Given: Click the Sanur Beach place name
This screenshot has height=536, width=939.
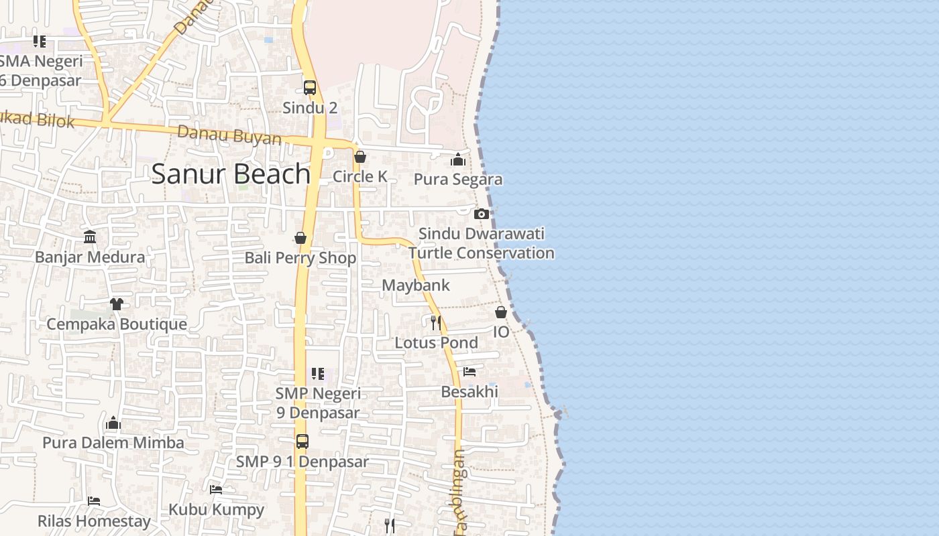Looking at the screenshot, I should [x=231, y=174].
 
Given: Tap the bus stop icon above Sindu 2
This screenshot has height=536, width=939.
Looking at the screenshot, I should [x=309, y=87].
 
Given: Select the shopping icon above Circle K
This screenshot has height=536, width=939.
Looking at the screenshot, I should [x=360, y=157].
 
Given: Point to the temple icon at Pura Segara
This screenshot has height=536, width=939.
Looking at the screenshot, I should [x=458, y=159].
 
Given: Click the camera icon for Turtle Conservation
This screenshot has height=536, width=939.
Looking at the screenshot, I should [x=481, y=214].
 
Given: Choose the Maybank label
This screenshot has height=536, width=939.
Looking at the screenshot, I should [x=416, y=285].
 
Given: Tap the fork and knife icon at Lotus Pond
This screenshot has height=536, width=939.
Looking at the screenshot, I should [x=436, y=323].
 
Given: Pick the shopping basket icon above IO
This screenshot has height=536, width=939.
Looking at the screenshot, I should [x=501, y=312].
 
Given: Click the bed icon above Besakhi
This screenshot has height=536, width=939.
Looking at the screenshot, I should [x=469, y=371].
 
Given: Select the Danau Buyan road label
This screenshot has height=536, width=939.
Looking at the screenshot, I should [x=229, y=135].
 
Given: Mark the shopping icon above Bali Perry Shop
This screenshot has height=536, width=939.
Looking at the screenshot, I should [x=300, y=238].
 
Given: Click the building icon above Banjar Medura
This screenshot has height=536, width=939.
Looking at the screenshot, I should [x=90, y=237].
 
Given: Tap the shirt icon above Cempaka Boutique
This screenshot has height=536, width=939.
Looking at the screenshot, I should [x=117, y=304].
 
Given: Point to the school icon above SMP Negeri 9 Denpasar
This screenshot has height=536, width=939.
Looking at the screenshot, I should [x=318, y=373].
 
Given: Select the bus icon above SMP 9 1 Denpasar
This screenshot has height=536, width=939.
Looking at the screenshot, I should [x=302, y=442].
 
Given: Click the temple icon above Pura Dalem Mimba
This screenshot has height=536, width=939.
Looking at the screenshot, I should [x=113, y=423].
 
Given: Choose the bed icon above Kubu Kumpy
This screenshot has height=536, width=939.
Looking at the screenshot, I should [x=215, y=490].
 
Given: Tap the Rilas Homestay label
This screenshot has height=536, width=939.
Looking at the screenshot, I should [x=94, y=521].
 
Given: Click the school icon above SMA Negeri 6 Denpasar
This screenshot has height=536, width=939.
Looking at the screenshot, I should [x=40, y=42].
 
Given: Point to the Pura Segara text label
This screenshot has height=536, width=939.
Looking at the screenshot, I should [x=458, y=180].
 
